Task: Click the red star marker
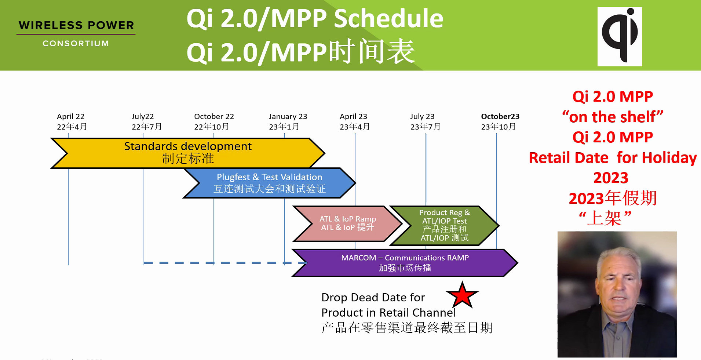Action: [462, 295]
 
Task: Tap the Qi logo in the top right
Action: [620, 36]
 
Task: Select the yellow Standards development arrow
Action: [188, 153]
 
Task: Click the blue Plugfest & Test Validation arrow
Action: [269, 183]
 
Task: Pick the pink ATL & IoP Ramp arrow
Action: [347, 223]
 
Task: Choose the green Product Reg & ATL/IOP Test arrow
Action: [444, 225]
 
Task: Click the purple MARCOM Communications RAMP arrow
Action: [405, 263]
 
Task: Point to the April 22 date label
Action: [71, 117]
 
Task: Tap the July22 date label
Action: [143, 117]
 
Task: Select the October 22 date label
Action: [214, 117]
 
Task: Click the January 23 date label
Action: [288, 117]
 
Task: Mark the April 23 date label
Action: [353, 117]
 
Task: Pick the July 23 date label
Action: [422, 117]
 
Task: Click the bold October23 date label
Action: [500, 117]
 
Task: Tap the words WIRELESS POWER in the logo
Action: [76, 25]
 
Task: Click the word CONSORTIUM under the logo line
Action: [76, 43]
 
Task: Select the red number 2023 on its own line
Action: [611, 178]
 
